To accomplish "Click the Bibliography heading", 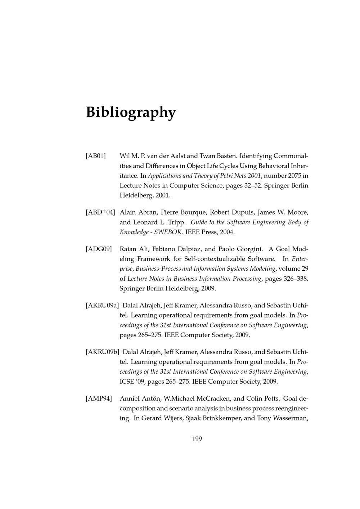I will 131,112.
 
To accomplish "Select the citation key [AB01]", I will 96,156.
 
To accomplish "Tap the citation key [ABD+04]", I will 100,212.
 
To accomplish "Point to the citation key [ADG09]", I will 99,249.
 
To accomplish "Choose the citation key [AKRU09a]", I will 102,306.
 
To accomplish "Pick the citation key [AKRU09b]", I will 103,352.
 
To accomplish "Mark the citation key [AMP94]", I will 99,398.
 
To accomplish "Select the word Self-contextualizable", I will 215,259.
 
